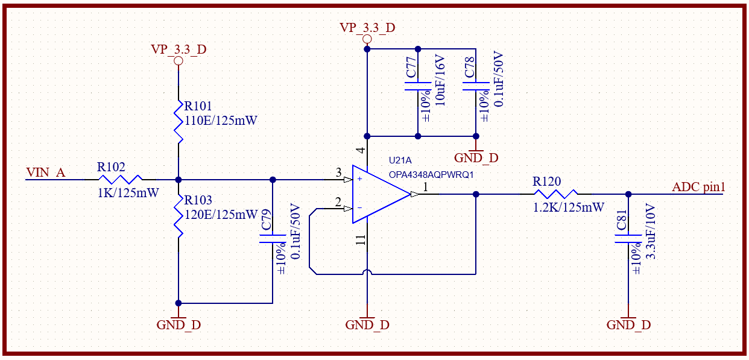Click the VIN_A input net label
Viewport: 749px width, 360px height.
coord(45,173)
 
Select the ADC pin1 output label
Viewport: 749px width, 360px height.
coord(698,188)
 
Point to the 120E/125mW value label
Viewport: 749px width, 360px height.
coord(221,214)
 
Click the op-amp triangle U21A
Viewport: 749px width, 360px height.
coord(380,194)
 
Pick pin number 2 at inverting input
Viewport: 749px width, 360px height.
coord(339,202)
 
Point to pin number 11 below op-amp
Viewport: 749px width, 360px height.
coord(361,241)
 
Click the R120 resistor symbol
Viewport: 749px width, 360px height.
coord(555,194)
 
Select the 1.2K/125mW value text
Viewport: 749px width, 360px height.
coord(569,207)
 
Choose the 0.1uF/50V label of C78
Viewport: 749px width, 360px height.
coord(499,80)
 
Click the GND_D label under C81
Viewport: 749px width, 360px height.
coord(628,325)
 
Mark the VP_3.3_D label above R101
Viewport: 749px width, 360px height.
coord(179,49)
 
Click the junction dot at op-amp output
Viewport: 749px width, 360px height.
coord(476,194)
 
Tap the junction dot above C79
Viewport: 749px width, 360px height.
coord(273,180)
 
